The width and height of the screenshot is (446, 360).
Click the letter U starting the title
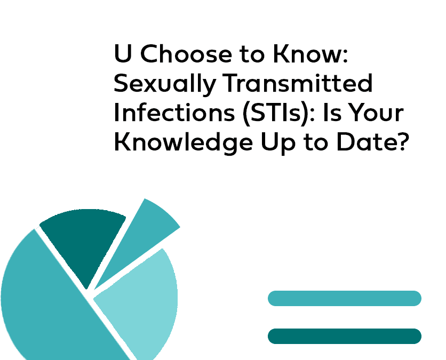(x=123, y=53)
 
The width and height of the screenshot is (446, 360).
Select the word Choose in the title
(x=186, y=53)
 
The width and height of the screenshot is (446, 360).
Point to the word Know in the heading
(x=310, y=53)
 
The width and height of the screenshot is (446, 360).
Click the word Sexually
(x=165, y=84)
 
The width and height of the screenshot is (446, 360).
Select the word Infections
(x=174, y=112)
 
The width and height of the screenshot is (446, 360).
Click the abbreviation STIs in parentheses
(x=276, y=113)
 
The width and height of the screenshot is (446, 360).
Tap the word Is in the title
(x=332, y=112)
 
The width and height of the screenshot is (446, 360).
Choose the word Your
(x=376, y=112)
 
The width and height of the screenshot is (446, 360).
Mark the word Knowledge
(x=184, y=142)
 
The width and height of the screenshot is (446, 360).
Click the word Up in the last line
(x=278, y=143)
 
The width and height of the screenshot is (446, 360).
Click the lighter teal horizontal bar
(x=345, y=298)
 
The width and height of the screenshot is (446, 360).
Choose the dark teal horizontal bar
(x=345, y=336)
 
